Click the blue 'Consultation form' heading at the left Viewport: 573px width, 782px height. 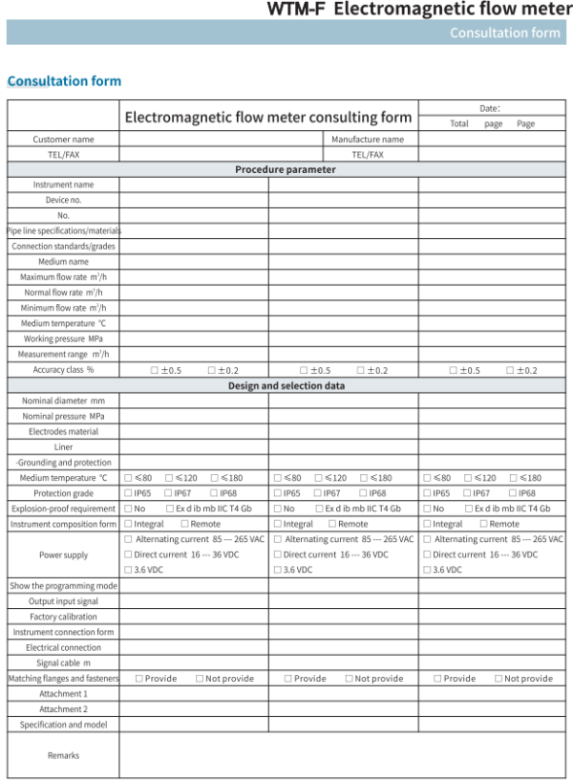coord(64,81)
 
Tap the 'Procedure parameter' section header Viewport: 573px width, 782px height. coord(286,169)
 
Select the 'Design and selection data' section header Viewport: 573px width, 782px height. coord(286,385)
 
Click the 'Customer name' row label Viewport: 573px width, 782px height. coord(63,140)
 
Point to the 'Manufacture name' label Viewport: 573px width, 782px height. coord(368,140)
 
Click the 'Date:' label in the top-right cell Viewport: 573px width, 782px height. coord(490,109)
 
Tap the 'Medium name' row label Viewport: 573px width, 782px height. coord(63,262)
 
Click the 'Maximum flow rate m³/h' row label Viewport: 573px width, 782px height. coord(63,277)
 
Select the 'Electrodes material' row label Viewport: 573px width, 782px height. coord(63,431)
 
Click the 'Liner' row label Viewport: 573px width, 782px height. coord(63,446)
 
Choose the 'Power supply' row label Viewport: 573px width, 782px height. coord(63,554)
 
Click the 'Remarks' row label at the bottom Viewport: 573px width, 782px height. coord(63,755)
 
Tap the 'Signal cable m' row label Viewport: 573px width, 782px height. coord(63,663)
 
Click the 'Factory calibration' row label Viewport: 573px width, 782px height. coord(63,617)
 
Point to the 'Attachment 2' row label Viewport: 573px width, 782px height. coord(63,709)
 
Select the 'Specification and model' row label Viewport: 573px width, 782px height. coord(63,725)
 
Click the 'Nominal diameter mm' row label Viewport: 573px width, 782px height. coord(63,401)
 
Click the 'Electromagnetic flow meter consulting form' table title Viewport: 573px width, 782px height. coord(268,118)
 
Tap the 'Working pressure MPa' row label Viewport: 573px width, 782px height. coord(63,338)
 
